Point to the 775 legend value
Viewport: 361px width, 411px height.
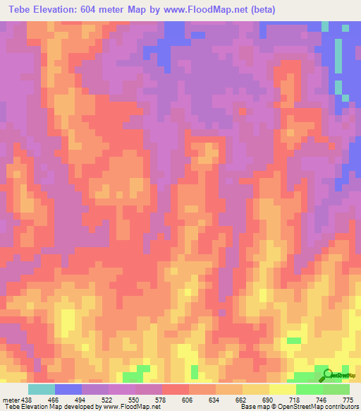tap(347, 400)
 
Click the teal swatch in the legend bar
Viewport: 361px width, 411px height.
tap(42, 389)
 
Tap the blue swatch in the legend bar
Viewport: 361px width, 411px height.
tap(68, 389)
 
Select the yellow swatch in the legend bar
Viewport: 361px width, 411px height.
tap(283, 389)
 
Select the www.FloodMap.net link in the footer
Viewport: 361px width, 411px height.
tap(135, 407)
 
